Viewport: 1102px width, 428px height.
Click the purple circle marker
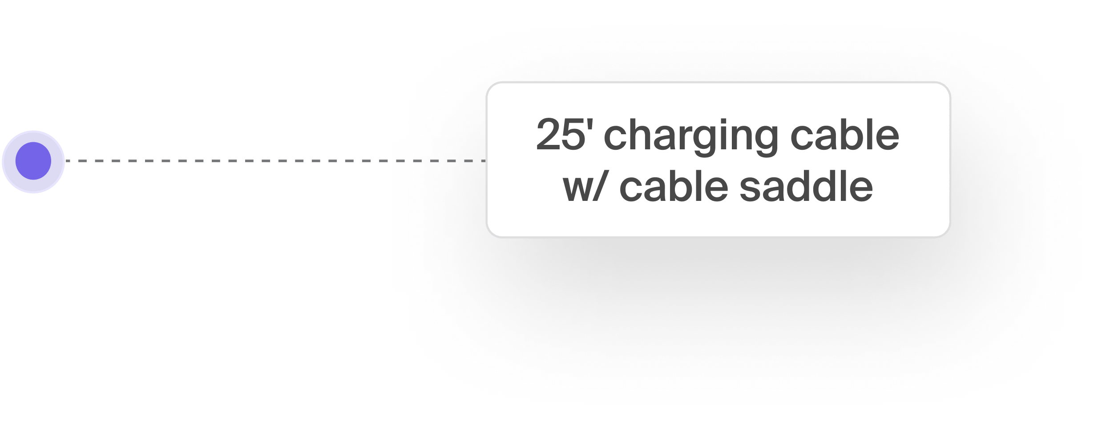(x=33, y=161)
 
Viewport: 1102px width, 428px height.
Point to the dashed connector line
(x=267, y=161)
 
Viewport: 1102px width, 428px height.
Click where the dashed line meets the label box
(x=486, y=161)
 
